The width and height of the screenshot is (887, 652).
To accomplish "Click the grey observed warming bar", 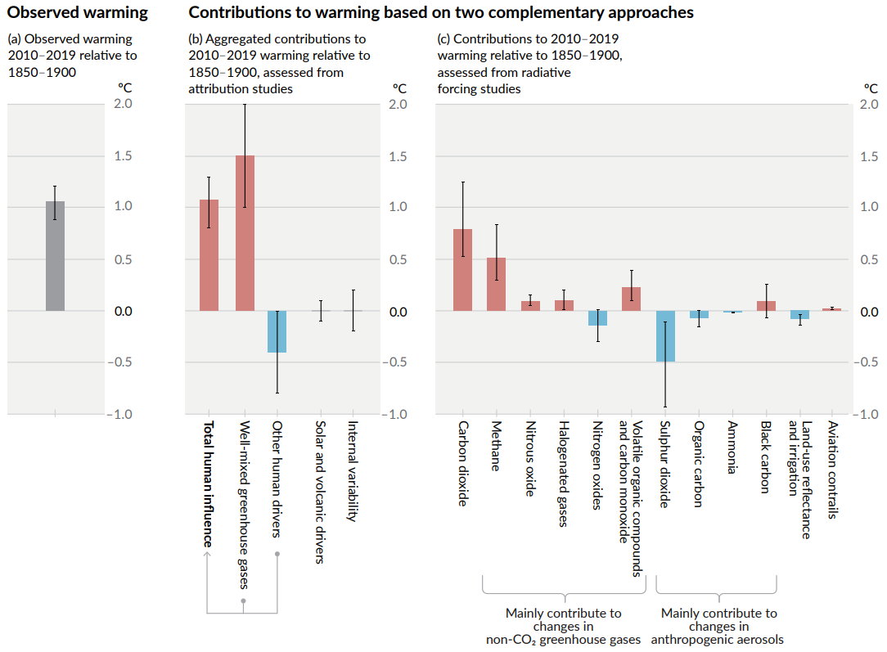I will (55, 256).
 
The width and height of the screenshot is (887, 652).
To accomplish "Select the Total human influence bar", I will (209, 255).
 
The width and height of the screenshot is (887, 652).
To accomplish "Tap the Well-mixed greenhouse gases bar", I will (245, 233).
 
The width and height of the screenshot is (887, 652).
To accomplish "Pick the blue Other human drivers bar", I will (277, 331).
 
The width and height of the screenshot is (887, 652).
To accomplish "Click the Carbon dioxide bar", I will (462, 270).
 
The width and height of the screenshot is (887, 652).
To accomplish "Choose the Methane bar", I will (496, 284).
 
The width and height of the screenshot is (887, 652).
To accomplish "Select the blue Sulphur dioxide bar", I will (665, 336).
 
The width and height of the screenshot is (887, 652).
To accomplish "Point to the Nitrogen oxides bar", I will (597, 318).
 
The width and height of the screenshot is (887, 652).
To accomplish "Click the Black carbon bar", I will (766, 306).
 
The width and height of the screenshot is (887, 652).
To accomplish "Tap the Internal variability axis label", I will (353, 471).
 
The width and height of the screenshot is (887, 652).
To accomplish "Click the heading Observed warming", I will (77, 12).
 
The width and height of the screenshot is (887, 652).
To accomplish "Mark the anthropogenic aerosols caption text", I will (718, 639).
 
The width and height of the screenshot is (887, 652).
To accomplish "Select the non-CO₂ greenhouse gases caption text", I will (563, 639).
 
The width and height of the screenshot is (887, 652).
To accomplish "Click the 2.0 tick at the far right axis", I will (868, 104).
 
